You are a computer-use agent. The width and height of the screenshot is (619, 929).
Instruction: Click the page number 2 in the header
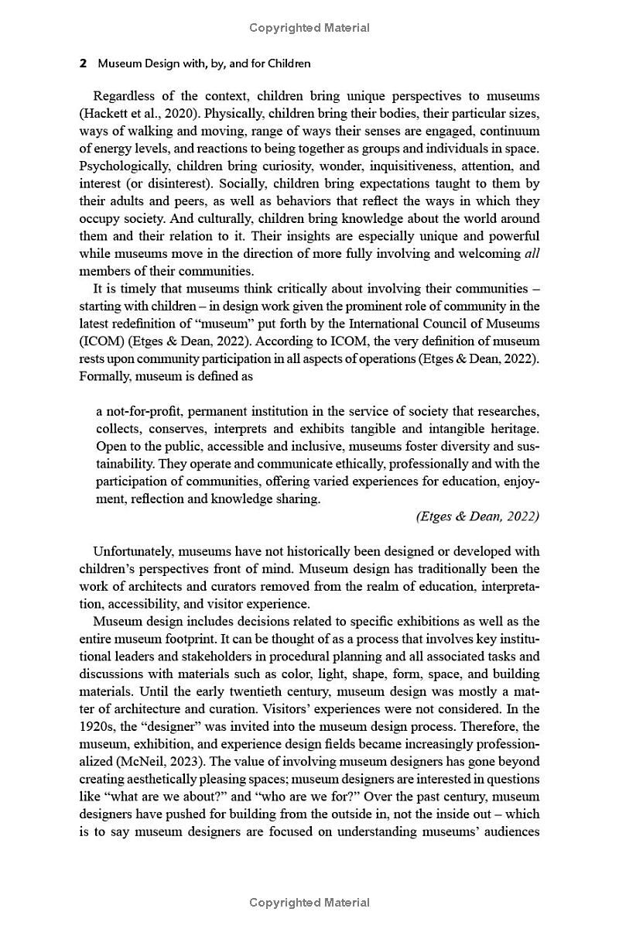[x=83, y=63]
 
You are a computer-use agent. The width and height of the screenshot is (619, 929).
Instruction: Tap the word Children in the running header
[x=285, y=63]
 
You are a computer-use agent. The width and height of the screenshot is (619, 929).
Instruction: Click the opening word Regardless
[x=125, y=97]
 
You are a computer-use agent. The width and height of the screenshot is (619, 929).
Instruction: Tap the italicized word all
[x=532, y=253]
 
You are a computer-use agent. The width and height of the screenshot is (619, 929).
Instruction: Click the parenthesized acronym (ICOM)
[x=100, y=341]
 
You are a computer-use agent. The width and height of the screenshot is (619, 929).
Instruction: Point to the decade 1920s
[x=97, y=726]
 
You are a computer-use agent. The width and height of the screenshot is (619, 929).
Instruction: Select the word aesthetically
[x=171, y=779]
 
